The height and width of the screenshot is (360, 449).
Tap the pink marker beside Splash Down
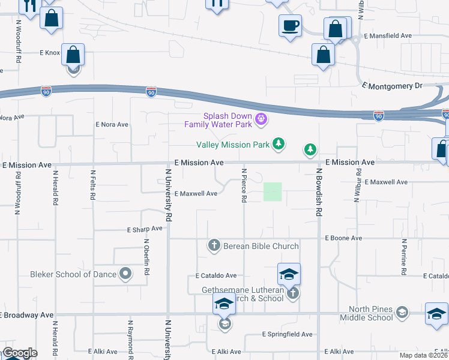point(261,120)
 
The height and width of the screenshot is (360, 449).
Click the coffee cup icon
point(291,26)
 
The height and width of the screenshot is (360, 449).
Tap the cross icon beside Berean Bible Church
point(214,245)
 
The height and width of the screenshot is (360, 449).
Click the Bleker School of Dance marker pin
point(125,274)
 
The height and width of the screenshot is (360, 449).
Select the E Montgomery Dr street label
point(393,86)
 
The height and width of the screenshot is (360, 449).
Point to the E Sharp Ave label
point(145,229)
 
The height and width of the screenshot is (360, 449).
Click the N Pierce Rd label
point(244,185)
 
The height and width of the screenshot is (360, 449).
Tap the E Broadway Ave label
point(28,314)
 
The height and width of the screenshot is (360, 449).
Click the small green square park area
point(273,192)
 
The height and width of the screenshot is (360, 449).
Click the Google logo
point(20,353)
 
